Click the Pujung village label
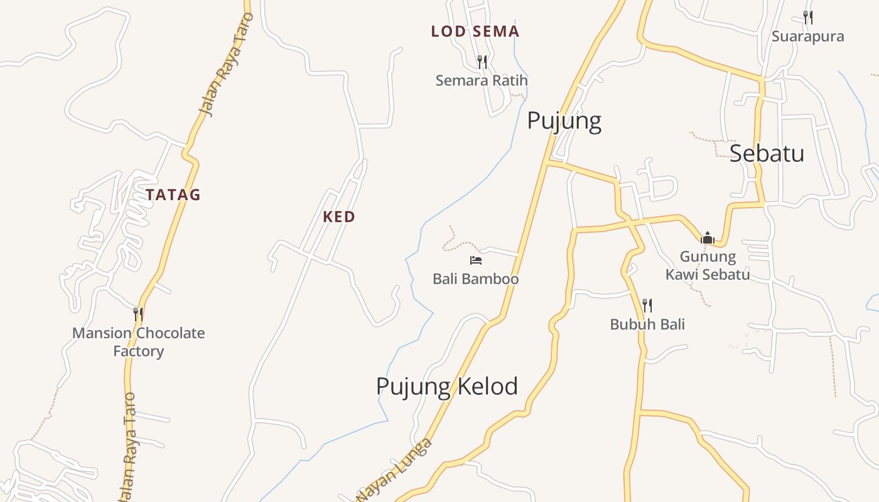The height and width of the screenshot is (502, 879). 564,120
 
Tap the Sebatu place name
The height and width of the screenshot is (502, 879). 767,153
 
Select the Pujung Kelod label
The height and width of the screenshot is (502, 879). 447,386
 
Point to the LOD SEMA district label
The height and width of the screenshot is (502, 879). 475,31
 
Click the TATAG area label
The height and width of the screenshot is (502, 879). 173,195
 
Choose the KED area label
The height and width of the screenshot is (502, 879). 339,217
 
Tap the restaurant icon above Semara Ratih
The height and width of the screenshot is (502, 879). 482,61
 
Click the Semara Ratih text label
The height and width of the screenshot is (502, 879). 482,80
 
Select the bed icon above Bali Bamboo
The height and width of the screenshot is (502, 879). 475,260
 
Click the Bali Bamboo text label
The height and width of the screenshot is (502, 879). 475,279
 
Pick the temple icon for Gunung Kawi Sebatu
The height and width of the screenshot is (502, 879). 708,238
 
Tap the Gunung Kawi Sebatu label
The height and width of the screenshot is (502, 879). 708,265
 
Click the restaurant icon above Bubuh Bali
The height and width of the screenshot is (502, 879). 647,306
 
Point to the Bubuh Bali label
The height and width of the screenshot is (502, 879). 647,324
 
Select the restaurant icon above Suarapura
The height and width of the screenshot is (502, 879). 808,18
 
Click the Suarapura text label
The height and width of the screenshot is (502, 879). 807,36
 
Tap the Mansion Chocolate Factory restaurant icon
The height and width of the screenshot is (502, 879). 138,314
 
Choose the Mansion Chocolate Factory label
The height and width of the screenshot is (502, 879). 138,342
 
